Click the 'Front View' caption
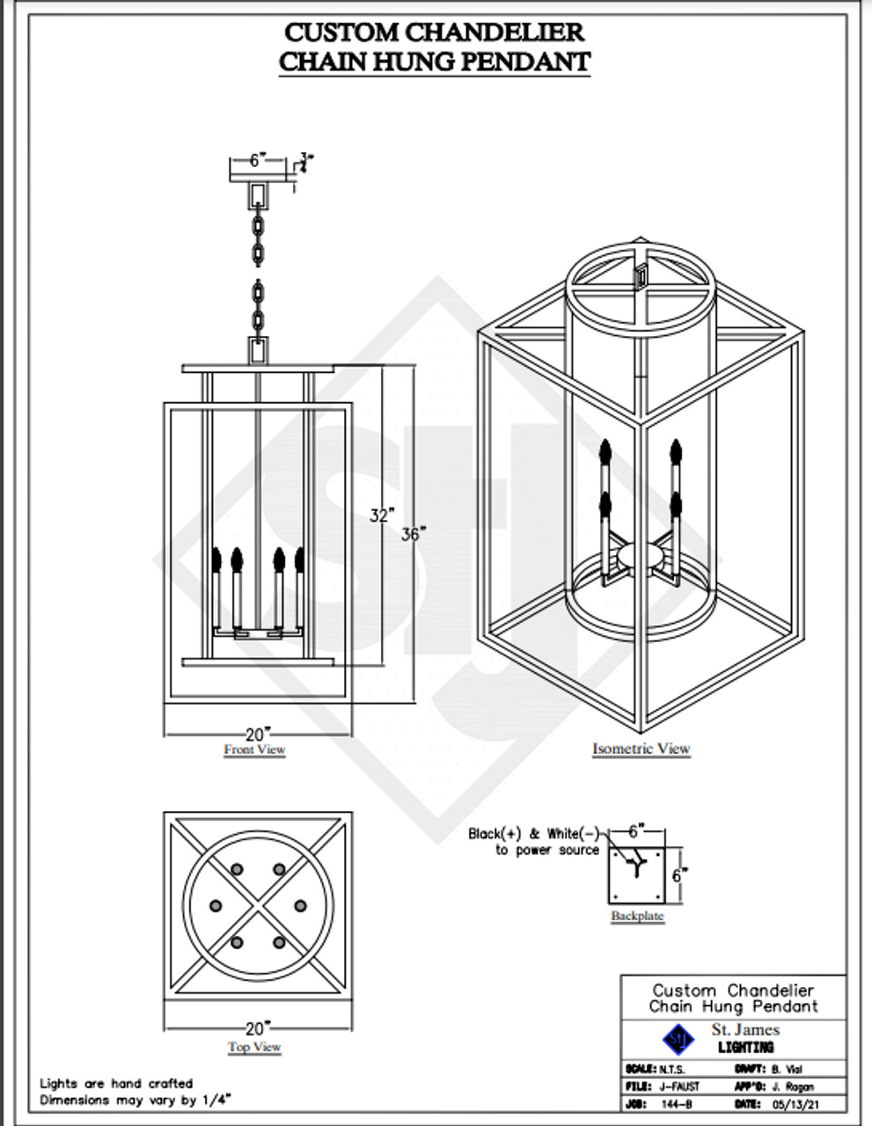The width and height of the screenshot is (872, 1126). [254, 749]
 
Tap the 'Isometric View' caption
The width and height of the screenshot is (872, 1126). [641, 749]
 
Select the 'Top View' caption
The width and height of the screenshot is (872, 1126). [254, 1047]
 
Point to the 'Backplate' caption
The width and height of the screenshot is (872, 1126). [637, 916]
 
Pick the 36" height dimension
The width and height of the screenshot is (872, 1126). [414, 534]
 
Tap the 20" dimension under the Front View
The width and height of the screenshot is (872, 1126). [258, 734]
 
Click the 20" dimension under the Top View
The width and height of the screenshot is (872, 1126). [258, 1027]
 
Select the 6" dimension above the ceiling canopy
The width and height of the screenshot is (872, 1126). [257, 160]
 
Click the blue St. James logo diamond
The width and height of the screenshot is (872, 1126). [678, 1040]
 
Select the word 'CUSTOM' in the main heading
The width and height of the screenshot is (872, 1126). [341, 33]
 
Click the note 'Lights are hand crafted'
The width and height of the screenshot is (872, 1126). [116, 1084]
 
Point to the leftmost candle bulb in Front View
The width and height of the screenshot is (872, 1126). [216, 559]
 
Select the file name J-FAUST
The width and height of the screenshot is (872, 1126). [679, 1086]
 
